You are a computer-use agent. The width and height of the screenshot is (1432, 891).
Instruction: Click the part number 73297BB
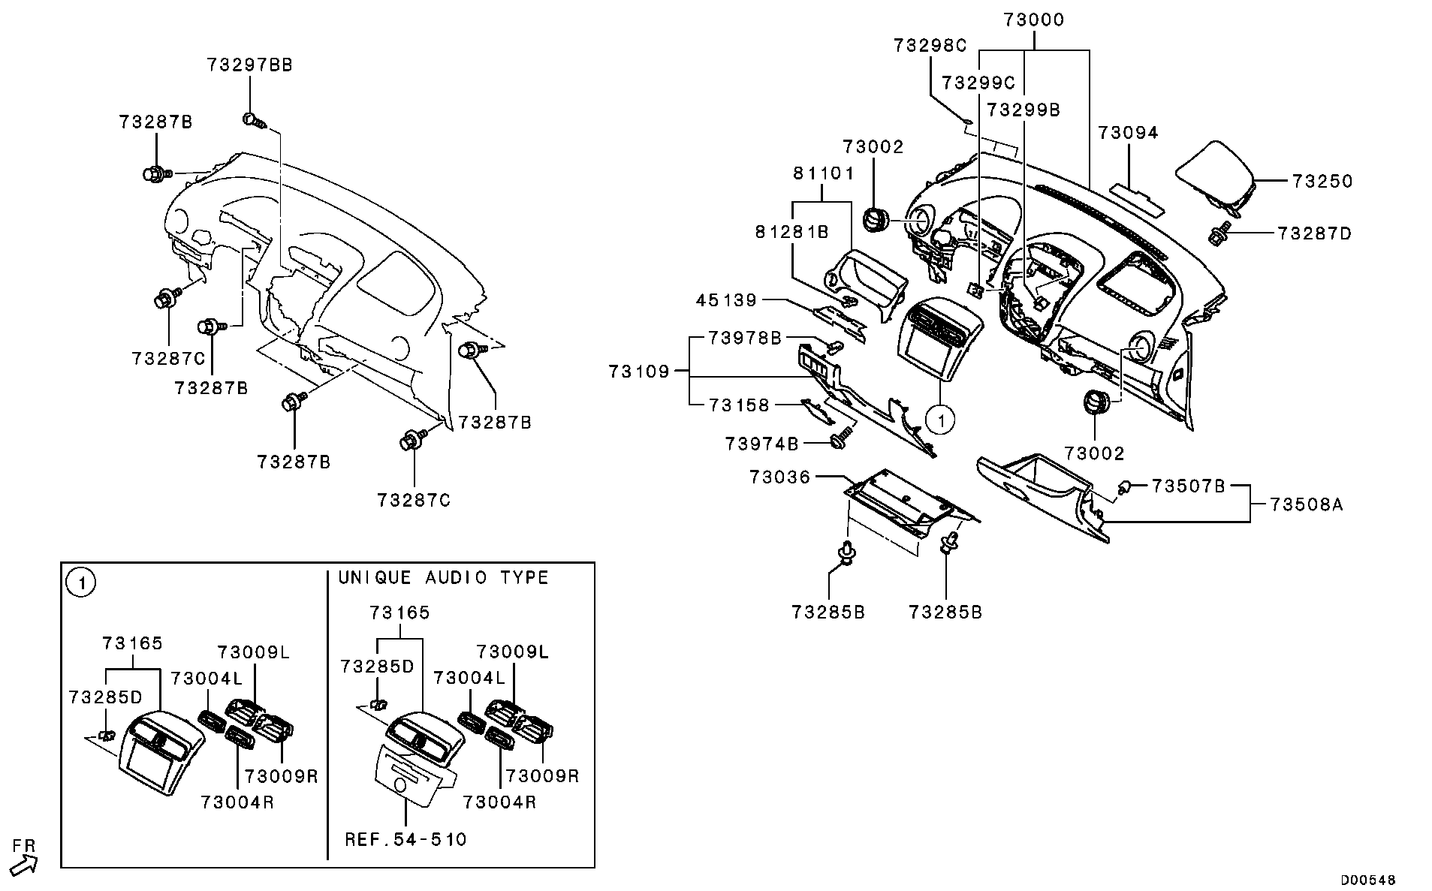pyautogui.click(x=250, y=65)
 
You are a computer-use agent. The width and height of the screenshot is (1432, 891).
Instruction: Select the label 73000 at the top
pyautogui.click(x=1034, y=20)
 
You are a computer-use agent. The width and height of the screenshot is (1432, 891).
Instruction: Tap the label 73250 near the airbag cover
pyautogui.click(x=1322, y=182)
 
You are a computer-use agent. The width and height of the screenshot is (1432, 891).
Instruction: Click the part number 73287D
pyautogui.click(x=1314, y=234)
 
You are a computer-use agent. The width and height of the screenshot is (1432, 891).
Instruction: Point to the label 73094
pyautogui.click(x=1128, y=134)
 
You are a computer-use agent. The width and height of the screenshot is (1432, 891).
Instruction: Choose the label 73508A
pyautogui.click(x=1307, y=505)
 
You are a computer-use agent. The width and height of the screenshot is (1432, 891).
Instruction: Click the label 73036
pyautogui.click(x=779, y=477)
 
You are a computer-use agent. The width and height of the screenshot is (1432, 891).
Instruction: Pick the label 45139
pyautogui.click(x=726, y=301)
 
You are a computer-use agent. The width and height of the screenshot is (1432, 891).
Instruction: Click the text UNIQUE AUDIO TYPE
pyautogui.click(x=443, y=578)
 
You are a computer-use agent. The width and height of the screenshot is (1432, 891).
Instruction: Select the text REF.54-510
pyautogui.click(x=405, y=839)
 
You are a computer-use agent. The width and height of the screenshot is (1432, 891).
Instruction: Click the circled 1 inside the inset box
pyautogui.click(x=81, y=582)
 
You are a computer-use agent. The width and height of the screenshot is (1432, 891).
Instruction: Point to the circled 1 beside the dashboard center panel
pyautogui.click(x=939, y=420)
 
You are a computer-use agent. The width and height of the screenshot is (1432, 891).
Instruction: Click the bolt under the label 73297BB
pyautogui.click(x=253, y=120)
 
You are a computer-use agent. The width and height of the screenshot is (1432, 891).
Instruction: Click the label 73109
pyautogui.click(x=638, y=372)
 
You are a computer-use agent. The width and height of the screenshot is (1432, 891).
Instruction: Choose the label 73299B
pyautogui.click(x=1023, y=110)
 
